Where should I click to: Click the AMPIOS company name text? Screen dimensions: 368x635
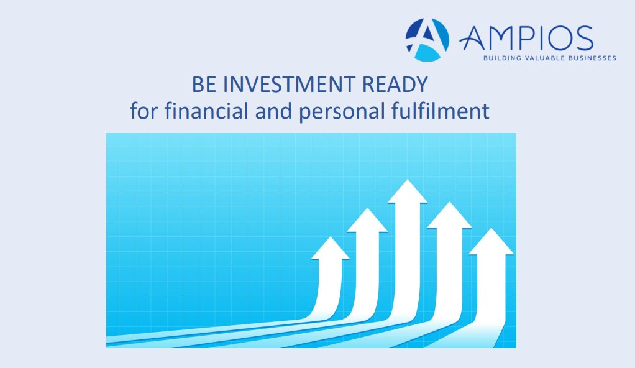[526, 39]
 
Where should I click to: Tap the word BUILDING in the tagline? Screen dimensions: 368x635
[500, 58]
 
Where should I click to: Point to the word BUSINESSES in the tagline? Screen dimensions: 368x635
[590, 58]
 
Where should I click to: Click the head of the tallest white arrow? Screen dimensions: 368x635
[407, 193]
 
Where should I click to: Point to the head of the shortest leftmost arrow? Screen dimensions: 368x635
[330, 249]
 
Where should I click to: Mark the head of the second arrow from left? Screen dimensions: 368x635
[367, 221]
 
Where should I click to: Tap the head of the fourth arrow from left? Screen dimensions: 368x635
[449, 216]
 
